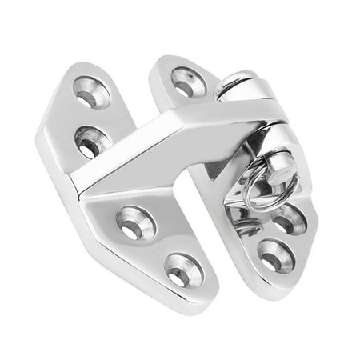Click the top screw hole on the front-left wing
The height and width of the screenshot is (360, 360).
93,92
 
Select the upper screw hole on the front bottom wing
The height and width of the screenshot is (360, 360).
131,224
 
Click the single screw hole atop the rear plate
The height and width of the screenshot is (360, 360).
189,80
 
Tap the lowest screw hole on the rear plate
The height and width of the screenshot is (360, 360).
274,258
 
